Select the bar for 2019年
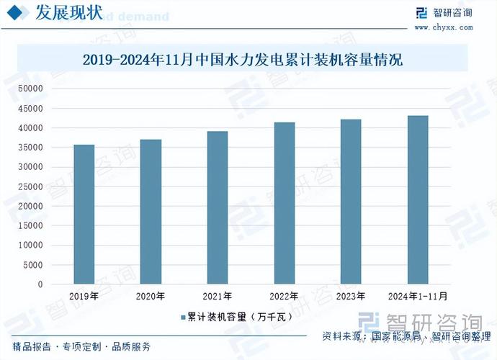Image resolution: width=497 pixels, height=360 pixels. point(84,215)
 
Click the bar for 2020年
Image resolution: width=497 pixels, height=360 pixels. point(151,212)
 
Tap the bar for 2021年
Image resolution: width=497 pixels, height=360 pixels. point(217,208)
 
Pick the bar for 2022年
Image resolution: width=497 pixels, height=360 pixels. point(284,203)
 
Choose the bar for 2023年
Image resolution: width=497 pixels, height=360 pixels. point(351,202)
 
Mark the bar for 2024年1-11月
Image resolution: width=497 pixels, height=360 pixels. point(418,200)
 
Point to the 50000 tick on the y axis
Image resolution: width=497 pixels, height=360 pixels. point(32,89)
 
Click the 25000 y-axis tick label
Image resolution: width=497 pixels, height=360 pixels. point(32,186)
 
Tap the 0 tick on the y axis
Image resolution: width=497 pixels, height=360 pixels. point(40,284)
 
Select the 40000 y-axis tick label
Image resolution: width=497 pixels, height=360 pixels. point(32,127)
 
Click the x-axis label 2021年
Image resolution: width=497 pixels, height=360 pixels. point(217,296)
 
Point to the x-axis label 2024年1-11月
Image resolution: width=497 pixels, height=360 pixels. point(418,296)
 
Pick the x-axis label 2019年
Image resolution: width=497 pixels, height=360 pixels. point(84,296)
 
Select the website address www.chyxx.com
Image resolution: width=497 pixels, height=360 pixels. point(443,27)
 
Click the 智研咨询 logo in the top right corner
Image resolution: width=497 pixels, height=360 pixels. point(443,13)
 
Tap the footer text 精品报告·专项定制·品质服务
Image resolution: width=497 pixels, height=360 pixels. point(81,347)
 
